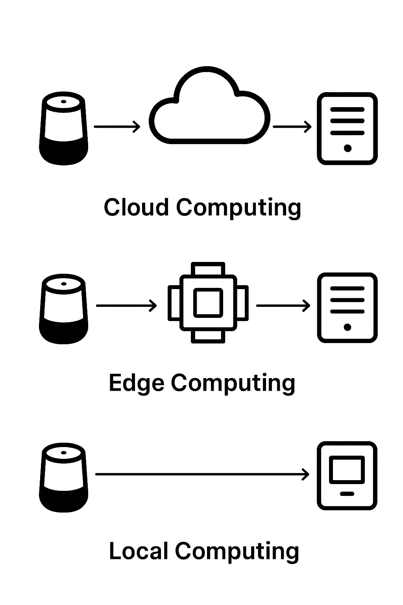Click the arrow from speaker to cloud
[x=117, y=126]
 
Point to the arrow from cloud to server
[x=292, y=126]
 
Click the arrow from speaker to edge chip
[x=126, y=305]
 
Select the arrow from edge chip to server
[x=283, y=305]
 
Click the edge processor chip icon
[x=208, y=302]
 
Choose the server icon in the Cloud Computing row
[x=347, y=128]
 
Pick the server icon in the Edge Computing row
[x=347, y=308]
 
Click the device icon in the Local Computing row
[x=347, y=476]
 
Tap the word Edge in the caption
[x=136, y=383]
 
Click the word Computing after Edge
[x=233, y=383]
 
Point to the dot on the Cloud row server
[x=347, y=148]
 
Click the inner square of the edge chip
[x=208, y=302]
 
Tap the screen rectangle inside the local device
[x=347, y=470]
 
